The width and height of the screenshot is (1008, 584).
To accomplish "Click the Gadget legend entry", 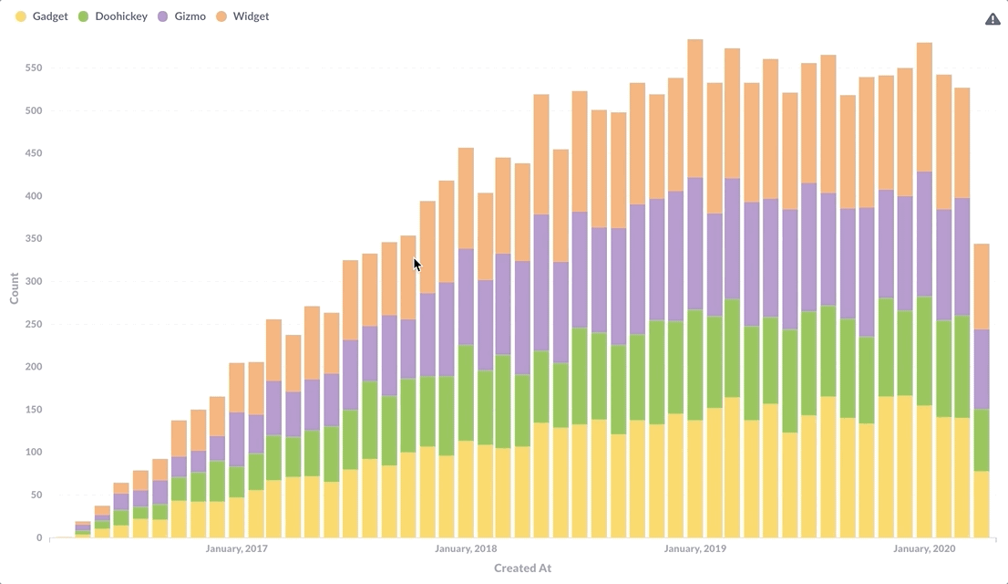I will tap(42, 16).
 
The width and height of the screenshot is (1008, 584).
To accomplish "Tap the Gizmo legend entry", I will tap(181, 16).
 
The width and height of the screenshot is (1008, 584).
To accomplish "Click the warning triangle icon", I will tap(993, 19).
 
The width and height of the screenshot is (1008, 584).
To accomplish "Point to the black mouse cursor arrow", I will tap(417, 264).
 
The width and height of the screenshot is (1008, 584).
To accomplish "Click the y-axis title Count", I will tap(15, 288).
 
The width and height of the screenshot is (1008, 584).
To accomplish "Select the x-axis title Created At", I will tap(522, 568).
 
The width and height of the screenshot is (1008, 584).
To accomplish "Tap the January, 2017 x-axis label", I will tap(237, 548).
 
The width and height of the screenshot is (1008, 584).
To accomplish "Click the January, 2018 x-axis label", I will tap(466, 548).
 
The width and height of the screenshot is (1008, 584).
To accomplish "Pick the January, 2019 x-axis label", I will tap(695, 548).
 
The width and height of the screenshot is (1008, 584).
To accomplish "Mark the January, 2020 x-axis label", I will tap(924, 548).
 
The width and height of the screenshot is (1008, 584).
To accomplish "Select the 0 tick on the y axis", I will tap(39, 537).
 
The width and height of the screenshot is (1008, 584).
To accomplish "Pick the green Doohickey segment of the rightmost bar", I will tap(982, 440).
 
